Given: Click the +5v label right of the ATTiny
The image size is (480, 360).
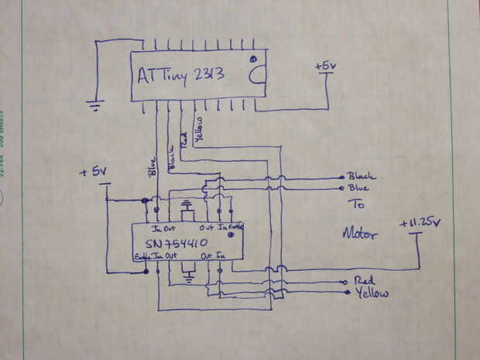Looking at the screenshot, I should click(326, 67).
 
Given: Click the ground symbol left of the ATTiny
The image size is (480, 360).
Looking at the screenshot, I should click(96, 105).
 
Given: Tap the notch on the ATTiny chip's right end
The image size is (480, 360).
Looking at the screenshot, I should click(257, 75).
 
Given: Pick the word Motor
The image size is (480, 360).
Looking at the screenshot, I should click(360, 232).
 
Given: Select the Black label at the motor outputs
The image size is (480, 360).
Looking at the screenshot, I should click(362, 177).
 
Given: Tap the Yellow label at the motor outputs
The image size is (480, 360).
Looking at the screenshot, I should click(372, 293).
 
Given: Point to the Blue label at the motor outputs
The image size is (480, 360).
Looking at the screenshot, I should click(358, 188).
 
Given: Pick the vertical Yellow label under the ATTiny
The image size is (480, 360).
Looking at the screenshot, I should click(199, 129).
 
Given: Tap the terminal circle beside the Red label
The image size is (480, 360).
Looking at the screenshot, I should click(344, 282).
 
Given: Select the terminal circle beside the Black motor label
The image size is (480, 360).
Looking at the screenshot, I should click(342, 177).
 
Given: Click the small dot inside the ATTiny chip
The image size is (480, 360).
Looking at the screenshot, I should click(253, 60).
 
